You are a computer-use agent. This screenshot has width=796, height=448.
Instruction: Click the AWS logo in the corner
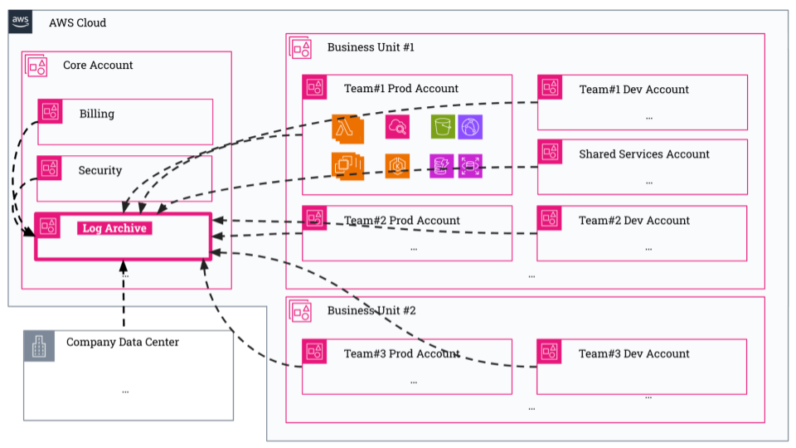(x=20, y=22)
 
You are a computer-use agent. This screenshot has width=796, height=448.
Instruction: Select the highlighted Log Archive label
(x=114, y=228)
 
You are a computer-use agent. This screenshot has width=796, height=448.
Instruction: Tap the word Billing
(x=97, y=114)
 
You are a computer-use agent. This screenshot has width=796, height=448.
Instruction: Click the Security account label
(x=100, y=170)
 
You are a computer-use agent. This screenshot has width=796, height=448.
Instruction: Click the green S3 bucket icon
(x=443, y=127)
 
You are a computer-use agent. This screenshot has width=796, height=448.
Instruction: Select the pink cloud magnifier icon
(x=397, y=127)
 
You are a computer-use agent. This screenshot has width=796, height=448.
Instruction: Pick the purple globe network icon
(x=470, y=127)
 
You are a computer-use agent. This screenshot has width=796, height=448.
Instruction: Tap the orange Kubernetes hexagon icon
(x=397, y=166)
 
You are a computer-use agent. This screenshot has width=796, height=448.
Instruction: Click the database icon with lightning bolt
(x=442, y=166)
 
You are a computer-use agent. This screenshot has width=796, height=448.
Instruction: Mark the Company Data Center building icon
(x=39, y=346)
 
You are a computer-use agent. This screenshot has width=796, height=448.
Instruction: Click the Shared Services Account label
(x=644, y=154)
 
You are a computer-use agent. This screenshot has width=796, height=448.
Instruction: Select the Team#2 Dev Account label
(x=634, y=221)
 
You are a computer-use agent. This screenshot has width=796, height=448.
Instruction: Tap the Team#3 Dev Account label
(x=634, y=353)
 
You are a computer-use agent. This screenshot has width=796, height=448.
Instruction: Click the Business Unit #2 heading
(x=371, y=310)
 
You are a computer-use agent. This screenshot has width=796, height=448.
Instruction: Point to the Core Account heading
(x=98, y=65)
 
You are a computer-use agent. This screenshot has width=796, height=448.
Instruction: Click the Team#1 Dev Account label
(x=634, y=90)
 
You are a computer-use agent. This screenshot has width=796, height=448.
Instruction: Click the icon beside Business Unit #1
(x=300, y=47)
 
